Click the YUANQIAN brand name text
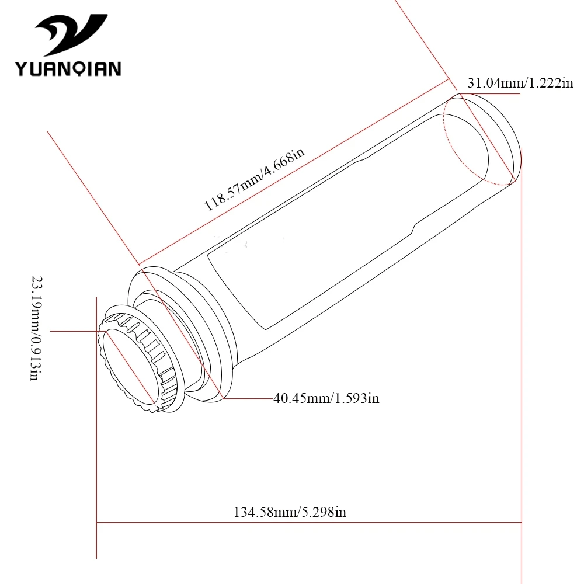pyautogui.click(x=68, y=69)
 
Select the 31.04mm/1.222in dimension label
pyautogui.click(x=520, y=83)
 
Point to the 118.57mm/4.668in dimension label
pyautogui.click(x=255, y=179)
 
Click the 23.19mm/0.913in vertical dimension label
pyautogui.click(x=36, y=328)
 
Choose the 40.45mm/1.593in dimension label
pyautogui.click(x=326, y=398)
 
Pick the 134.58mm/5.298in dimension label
pyautogui.click(x=290, y=512)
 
